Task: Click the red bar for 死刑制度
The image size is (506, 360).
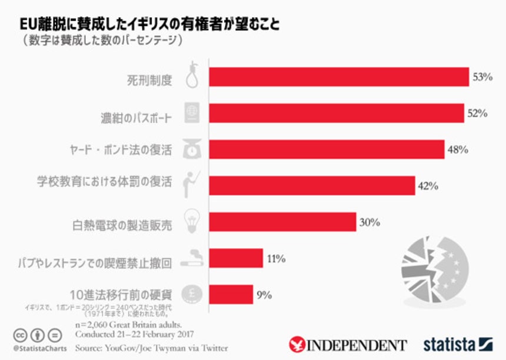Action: [x=338, y=77]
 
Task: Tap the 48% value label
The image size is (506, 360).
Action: [x=457, y=149]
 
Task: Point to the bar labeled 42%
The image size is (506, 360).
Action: [x=312, y=186]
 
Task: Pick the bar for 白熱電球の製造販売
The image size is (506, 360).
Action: [x=282, y=222]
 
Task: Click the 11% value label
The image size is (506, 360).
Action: [x=276, y=258]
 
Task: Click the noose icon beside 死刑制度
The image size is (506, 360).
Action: [x=192, y=75]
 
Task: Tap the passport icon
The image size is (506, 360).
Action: [x=192, y=112]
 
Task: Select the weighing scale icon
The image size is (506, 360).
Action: [x=192, y=148]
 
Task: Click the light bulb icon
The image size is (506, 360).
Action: [x=192, y=219]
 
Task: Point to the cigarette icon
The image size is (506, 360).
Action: [x=192, y=258]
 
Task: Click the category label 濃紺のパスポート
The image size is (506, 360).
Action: [x=135, y=117]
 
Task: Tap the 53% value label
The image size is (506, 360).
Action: [x=482, y=77]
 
